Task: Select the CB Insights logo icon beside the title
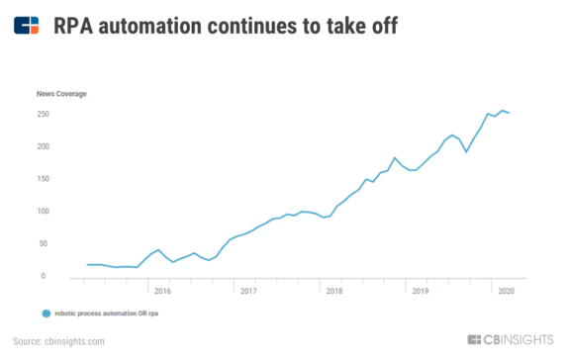[x=28, y=26]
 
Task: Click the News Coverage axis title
[x=61, y=94]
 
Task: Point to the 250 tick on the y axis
[x=44, y=115]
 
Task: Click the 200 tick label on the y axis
[x=44, y=146]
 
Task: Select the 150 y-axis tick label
[x=44, y=179]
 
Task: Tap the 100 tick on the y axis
[x=44, y=212]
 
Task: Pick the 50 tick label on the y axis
[x=46, y=244]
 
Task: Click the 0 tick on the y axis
[x=47, y=276]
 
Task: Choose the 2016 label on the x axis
[x=163, y=292]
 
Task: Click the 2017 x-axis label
[x=248, y=292]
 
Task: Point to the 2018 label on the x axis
[x=334, y=292]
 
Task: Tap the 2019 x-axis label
[x=420, y=292]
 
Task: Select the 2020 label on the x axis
[x=505, y=292]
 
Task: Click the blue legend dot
[x=46, y=314]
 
